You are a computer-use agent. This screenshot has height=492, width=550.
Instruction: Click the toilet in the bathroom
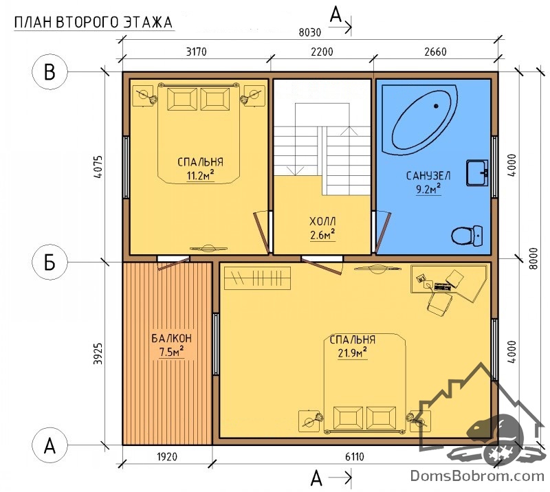point(467,236)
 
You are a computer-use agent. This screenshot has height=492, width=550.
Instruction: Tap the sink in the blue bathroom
point(477,172)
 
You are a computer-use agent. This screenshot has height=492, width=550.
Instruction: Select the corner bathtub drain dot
point(436,106)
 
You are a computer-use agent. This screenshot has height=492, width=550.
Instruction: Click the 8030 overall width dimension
point(310,32)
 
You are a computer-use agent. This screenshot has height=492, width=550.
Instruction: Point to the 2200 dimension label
point(322,52)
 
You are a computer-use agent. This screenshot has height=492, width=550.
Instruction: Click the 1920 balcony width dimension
point(167,457)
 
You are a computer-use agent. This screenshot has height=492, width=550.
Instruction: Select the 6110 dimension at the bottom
point(355,457)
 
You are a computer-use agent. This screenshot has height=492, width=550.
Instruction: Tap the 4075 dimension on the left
point(99,167)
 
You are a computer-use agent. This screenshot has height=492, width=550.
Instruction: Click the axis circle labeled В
point(49,72)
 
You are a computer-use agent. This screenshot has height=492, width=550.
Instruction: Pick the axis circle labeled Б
point(49,262)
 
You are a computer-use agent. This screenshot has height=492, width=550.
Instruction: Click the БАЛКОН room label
point(171,338)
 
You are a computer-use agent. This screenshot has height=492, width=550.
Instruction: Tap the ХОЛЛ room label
point(322,222)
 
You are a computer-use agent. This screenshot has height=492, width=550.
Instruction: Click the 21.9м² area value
point(353,353)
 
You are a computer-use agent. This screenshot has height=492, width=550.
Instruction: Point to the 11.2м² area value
point(200,175)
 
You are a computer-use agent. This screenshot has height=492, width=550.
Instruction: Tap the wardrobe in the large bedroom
point(257,278)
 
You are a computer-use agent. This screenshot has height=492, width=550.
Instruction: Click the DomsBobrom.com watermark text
point(477,476)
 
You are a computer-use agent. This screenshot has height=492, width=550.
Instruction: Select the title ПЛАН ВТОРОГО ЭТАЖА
point(93,23)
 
